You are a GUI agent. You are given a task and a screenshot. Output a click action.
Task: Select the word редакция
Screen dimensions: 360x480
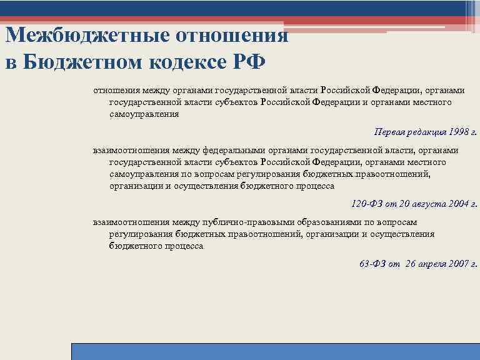click(x=425, y=132)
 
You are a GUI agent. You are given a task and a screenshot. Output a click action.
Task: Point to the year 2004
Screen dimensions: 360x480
click(x=457, y=204)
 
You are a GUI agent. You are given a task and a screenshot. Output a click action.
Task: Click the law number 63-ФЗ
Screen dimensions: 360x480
click(x=372, y=264)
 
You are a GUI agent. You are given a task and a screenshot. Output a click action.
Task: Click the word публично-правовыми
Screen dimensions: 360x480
click(x=242, y=222)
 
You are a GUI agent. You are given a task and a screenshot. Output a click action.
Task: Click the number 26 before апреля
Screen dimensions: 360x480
click(x=410, y=264)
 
